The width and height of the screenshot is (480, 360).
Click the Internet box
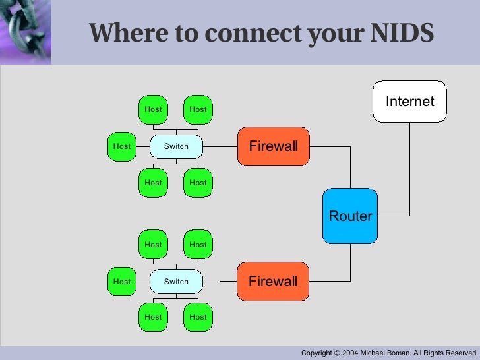click(409, 102)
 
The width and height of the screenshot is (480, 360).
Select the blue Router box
click(350, 216)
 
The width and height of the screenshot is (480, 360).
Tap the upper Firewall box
click(273, 146)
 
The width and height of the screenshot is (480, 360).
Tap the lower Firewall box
click(273, 282)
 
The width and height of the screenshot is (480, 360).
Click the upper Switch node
click(176, 146)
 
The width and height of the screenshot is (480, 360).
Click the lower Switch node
click(176, 282)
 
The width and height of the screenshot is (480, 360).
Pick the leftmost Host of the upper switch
click(122, 146)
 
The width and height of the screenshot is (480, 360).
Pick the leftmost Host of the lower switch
click(122, 282)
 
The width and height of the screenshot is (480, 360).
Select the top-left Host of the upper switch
click(153, 109)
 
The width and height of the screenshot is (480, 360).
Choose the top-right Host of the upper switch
click(198, 109)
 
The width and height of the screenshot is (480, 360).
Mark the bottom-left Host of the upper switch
click(153, 183)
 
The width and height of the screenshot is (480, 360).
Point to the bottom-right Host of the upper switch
click(198, 183)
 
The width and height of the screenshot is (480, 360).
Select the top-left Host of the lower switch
click(153, 245)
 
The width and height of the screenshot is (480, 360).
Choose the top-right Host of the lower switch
click(198, 245)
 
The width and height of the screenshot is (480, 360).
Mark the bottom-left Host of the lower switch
click(153, 317)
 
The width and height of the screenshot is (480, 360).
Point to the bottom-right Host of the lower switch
click(198, 317)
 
